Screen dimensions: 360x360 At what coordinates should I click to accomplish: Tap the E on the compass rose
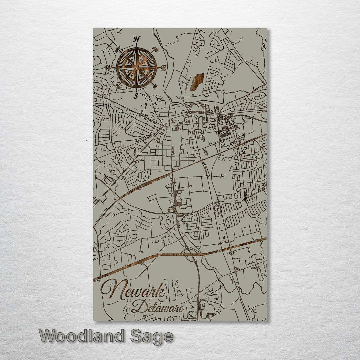164,68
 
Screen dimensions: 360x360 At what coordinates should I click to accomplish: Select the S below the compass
136,96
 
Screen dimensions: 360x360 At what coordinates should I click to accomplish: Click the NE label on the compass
155,50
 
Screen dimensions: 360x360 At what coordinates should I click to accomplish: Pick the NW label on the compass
117,50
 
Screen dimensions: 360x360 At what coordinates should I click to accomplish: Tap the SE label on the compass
155,86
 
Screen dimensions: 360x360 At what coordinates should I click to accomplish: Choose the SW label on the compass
117,86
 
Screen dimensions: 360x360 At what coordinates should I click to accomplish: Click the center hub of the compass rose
136,68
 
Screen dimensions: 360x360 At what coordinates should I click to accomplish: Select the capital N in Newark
112,289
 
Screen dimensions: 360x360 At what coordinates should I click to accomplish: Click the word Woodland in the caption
81,336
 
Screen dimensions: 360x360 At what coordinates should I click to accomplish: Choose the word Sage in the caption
152,337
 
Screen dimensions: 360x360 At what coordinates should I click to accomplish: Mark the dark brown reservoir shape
197,82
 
